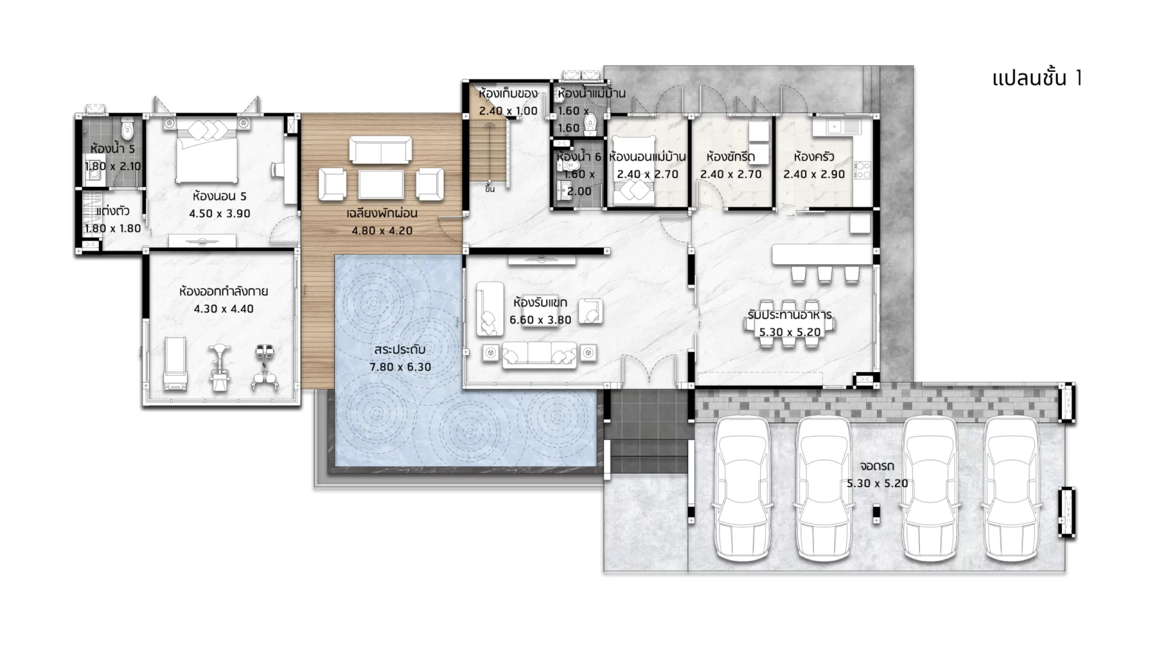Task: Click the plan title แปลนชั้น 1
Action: point(1037,78)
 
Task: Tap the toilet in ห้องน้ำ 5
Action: point(127,128)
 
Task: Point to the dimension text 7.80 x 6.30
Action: point(401,367)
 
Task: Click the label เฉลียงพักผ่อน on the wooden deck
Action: point(382,213)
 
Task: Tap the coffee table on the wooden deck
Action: point(381,184)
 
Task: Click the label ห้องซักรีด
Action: point(731,157)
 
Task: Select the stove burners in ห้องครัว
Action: point(862,170)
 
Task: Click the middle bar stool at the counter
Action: point(825,274)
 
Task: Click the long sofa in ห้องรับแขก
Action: point(539,355)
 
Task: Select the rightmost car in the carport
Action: point(1012,488)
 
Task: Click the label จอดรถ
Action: point(877,466)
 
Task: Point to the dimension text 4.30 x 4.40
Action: point(223,309)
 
